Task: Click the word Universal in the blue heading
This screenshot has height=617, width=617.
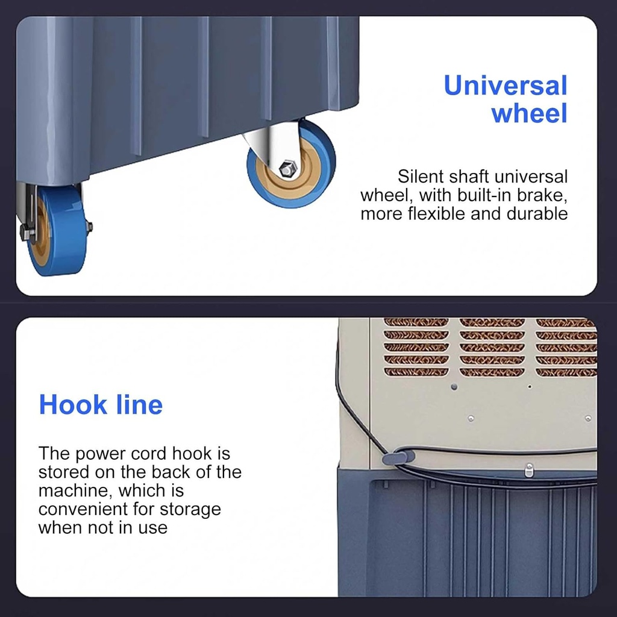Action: click(506, 86)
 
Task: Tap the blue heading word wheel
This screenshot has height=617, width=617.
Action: click(529, 113)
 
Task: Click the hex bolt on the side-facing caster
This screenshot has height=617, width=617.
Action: click(287, 169)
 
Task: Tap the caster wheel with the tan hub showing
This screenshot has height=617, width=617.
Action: click(291, 164)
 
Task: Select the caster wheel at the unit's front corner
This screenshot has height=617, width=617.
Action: click(58, 230)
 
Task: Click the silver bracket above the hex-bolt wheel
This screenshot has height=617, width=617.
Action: click(275, 142)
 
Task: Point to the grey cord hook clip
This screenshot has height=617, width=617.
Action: click(398, 458)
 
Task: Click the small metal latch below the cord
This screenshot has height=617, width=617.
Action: click(529, 470)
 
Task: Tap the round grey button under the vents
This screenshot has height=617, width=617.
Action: click(454, 387)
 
